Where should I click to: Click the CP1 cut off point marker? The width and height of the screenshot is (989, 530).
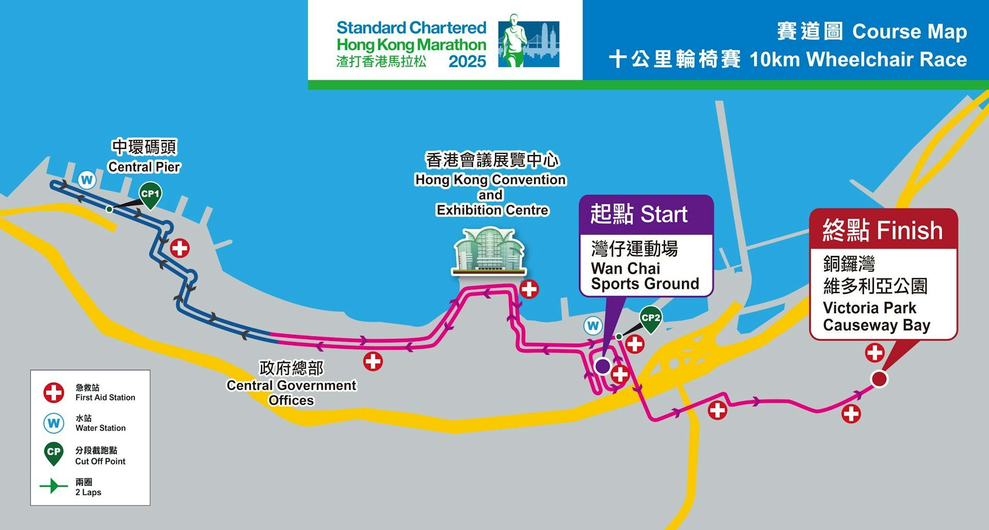tap(150, 195)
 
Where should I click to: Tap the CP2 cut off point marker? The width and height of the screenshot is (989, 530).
tap(651, 318)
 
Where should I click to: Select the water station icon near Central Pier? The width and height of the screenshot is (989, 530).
tap(87, 180)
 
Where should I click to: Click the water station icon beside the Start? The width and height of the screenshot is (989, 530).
tap(593, 326)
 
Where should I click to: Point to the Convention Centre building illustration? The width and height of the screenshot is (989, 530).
tap(489, 251)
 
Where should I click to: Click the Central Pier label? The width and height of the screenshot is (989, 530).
tap(144, 167)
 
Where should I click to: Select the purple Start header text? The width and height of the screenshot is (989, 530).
tap(639, 214)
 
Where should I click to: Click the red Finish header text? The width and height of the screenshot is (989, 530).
tap(882, 230)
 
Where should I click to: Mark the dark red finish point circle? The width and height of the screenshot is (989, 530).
tap(879, 379)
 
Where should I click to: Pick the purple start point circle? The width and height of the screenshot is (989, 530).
tap(603, 366)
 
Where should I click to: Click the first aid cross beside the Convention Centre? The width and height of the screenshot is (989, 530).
tap(529, 289)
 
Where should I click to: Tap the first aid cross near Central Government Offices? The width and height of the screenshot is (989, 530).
tap(373, 361)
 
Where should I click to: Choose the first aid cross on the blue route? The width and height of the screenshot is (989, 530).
tap(180, 248)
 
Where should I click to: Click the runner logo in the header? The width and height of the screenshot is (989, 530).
tap(528, 41)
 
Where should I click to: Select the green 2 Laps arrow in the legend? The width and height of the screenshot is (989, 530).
tap(53, 486)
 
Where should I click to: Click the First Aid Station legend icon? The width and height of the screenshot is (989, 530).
tap(54, 392)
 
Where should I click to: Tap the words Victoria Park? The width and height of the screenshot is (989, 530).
tap(869, 308)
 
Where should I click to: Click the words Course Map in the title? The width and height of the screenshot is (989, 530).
tap(909, 32)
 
